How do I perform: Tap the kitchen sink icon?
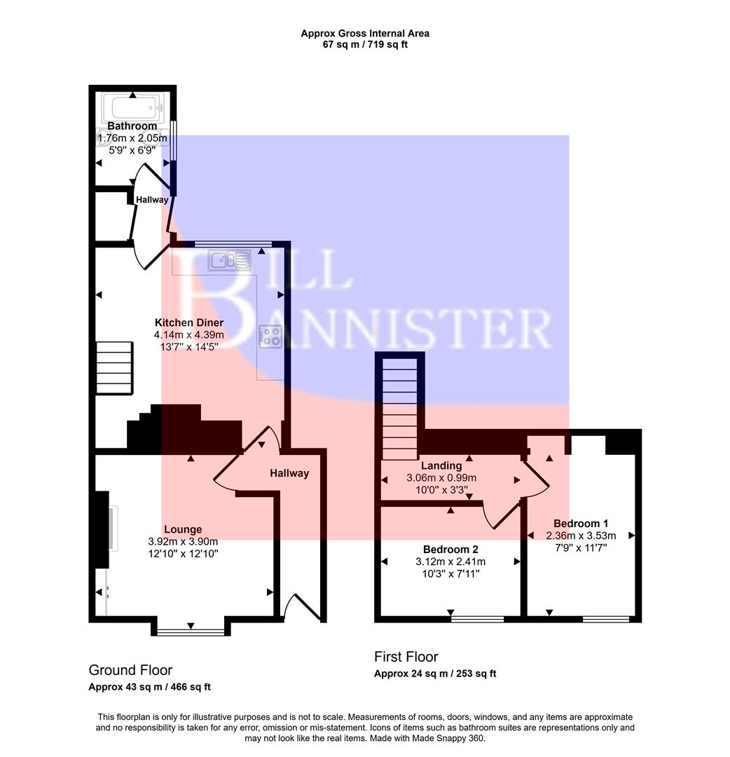[x=230, y=261]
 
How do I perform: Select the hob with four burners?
[x=270, y=336]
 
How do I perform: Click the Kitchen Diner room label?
[x=189, y=322]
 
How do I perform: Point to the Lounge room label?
[x=183, y=529]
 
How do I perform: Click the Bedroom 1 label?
[x=580, y=523]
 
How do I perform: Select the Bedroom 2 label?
[x=450, y=549]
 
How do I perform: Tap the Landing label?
[x=441, y=465]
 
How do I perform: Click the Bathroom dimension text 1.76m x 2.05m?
[x=132, y=138]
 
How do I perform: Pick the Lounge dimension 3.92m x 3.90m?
[x=183, y=541]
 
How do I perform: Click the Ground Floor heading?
[x=130, y=670]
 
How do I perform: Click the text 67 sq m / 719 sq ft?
[x=365, y=44]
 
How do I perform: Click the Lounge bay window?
[x=191, y=631]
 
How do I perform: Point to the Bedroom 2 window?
[x=477, y=619]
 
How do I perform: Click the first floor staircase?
[x=401, y=407]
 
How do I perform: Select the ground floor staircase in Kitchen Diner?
[x=114, y=368]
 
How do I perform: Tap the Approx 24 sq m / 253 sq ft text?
[x=435, y=674]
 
